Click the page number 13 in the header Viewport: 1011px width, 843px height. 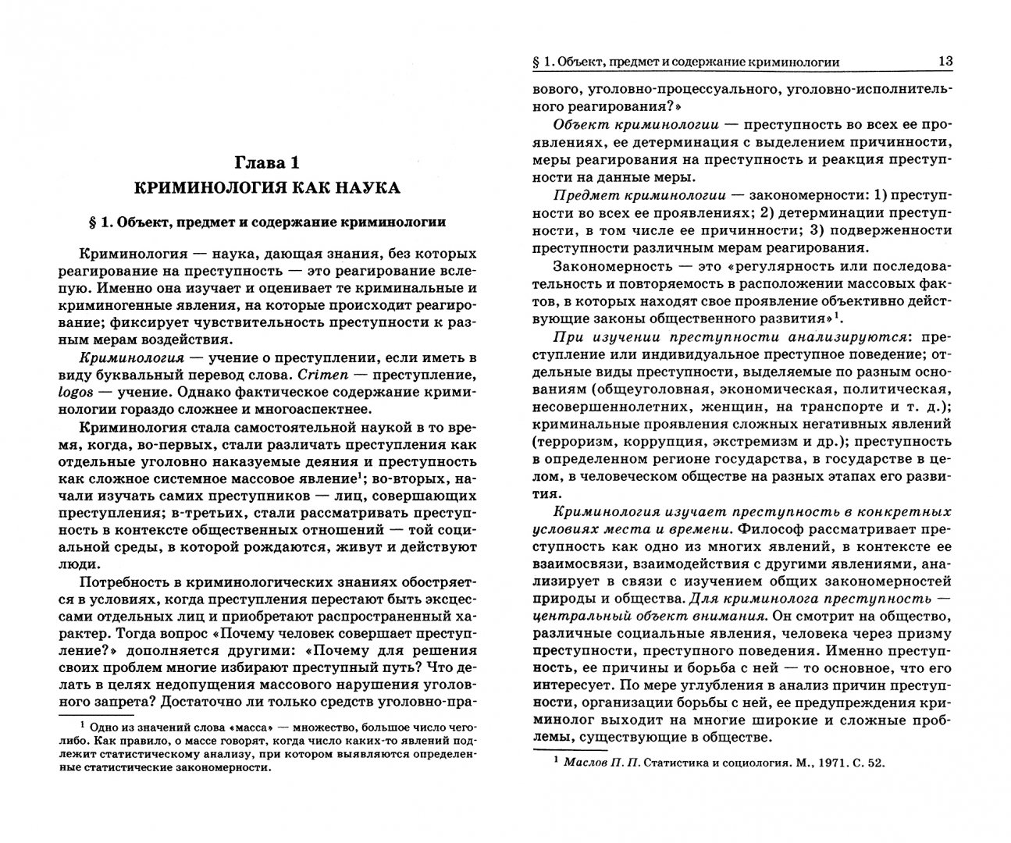(944, 62)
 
